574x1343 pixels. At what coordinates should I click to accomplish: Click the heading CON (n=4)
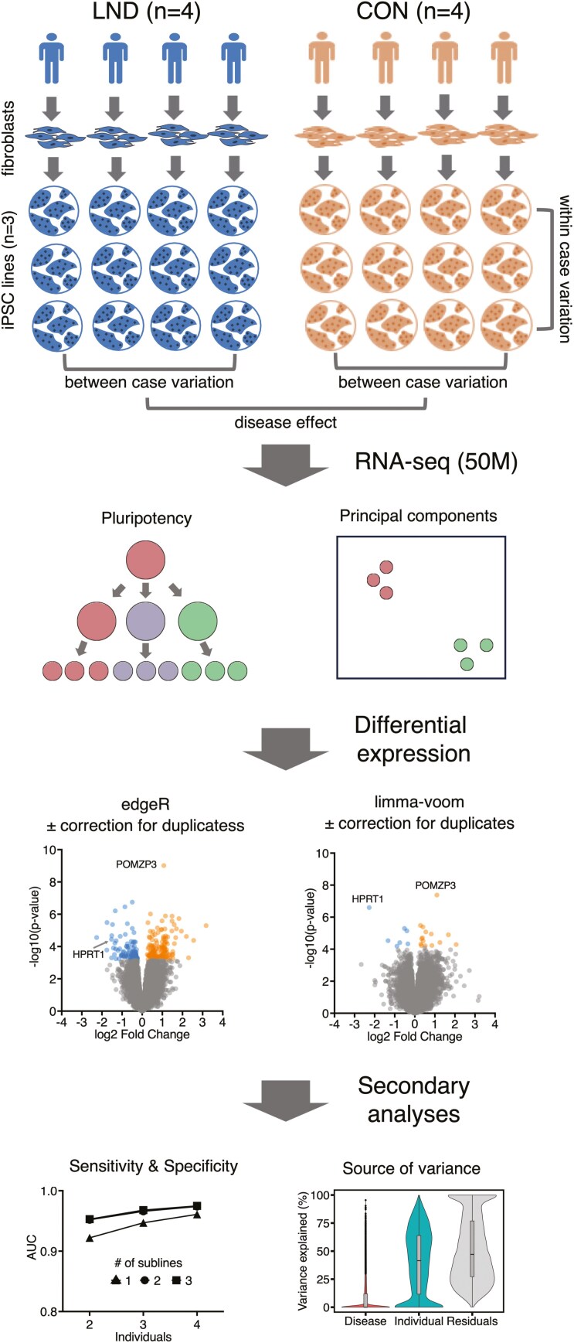click(408, 13)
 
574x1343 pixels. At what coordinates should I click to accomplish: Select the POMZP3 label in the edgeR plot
click(134, 865)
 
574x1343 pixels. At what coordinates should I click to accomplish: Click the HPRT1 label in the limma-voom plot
click(368, 899)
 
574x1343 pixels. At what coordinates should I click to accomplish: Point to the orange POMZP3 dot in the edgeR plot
click(164, 865)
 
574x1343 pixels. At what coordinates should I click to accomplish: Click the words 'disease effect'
click(286, 422)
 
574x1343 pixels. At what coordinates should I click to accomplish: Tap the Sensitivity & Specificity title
click(153, 1167)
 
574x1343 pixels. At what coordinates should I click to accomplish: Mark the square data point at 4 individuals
click(197, 1205)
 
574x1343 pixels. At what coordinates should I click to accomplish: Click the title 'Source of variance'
click(411, 1168)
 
